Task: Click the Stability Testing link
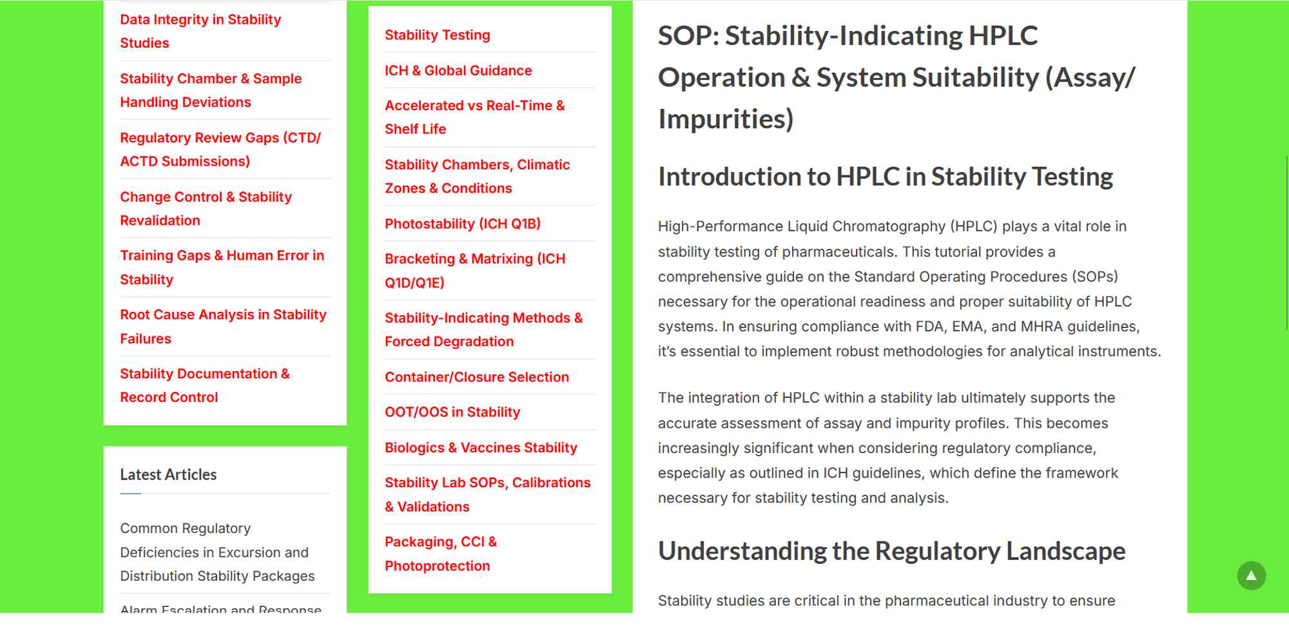pos(437,35)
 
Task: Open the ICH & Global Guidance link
pos(458,70)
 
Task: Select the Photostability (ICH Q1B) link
pos(463,224)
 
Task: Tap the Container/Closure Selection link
pos(477,377)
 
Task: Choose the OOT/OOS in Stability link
pos(452,412)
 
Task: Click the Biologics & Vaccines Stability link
pos(481,447)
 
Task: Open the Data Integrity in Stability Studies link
pos(200,31)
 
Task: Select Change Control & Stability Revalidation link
pos(206,209)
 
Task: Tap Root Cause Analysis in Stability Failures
pos(223,327)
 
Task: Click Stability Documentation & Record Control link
pos(205,385)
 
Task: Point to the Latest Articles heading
pos(168,474)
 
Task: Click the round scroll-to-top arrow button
pos(1251,575)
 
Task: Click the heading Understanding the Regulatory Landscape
pos(891,552)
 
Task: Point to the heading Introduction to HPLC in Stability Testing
pos(886,177)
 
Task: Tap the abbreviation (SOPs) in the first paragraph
pos(1095,276)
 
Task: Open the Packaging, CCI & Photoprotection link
pos(441,554)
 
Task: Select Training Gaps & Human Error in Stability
pos(222,267)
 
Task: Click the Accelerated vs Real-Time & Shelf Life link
pos(475,117)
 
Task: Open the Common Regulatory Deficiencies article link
pos(217,552)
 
